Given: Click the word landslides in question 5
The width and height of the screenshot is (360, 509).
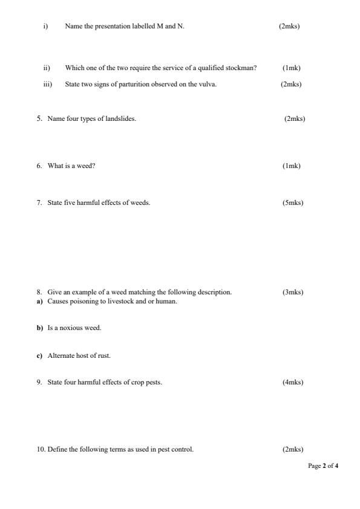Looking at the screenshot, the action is (122, 118).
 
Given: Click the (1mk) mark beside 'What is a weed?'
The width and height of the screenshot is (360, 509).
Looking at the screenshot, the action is (291, 166).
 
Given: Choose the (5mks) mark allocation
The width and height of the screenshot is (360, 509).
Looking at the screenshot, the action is (293, 203).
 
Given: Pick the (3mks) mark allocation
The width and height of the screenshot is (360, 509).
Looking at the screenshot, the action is (293, 292).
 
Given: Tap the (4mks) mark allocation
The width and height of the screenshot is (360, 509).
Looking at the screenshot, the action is (293, 382).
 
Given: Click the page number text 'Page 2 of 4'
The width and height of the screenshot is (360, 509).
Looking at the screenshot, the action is (323, 466).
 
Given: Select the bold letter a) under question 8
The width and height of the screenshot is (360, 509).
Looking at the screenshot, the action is (39, 302).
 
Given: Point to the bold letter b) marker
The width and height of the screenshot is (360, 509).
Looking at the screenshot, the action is (39, 328).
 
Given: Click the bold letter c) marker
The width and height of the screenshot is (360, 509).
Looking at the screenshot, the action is (39, 356).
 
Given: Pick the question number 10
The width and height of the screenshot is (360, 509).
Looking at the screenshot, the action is (41, 449).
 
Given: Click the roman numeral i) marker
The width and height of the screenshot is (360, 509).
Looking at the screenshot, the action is (45, 27).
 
